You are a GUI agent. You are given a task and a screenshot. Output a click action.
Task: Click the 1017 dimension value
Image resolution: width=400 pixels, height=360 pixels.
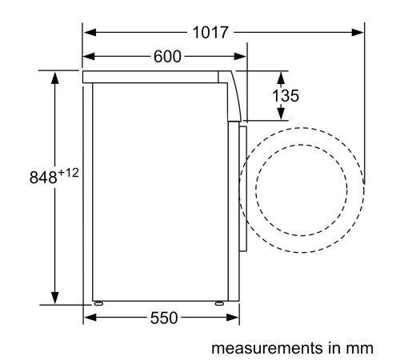(210, 33)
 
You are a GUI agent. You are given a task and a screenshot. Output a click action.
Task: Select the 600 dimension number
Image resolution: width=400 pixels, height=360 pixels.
(166, 57)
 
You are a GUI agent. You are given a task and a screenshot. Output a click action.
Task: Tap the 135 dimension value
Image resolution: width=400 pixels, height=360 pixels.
(285, 96)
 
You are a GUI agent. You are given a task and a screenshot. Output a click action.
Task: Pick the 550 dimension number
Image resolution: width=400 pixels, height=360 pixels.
(163, 318)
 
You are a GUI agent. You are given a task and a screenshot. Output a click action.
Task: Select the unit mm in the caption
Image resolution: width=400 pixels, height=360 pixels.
(361, 348)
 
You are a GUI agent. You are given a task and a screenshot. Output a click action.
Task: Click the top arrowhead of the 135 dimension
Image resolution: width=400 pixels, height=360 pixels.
(281, 76)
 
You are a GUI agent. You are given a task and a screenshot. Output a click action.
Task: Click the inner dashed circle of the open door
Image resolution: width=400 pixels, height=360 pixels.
(300, 190)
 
